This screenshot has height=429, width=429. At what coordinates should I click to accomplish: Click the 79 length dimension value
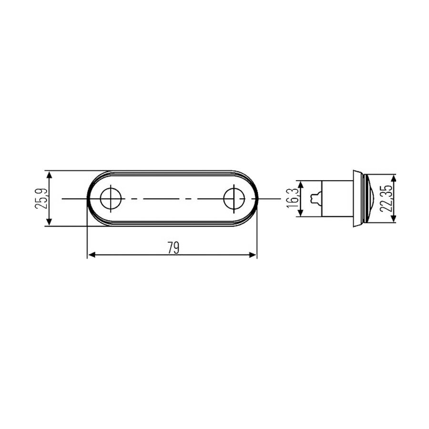click(x=173, y=248)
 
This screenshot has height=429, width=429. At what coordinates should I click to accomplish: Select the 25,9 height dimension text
click(x=41, y=198)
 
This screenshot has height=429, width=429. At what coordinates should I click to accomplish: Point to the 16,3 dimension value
click(x=293, y=198)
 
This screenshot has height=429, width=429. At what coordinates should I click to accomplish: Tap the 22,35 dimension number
click(x=387, y=198)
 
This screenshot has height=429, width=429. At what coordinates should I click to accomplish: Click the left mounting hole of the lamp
click(x=111, y=198)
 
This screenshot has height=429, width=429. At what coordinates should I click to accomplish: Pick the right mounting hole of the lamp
click(x=234, y=198)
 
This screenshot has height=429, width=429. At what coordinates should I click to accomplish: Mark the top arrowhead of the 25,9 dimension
click(x=49, y=174)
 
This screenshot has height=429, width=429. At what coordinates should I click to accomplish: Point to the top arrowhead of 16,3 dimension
click(x=300, y=184)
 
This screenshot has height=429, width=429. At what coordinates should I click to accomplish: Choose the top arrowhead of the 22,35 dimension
click(x=393, y=178)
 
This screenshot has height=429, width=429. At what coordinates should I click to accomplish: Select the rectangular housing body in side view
click(x=336, y=198)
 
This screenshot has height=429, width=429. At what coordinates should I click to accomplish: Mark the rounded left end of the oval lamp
click(x=92, y=198)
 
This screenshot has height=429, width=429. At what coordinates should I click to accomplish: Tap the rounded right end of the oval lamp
click(x=253, y=198)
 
